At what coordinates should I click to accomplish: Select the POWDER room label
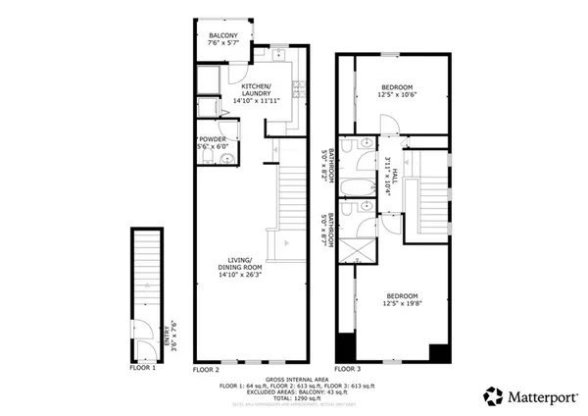pos(213,140)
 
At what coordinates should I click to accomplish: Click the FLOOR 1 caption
pos(142,368)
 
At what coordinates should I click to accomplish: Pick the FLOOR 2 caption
pos(206,369)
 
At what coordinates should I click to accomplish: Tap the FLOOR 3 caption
pos(347,369)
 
